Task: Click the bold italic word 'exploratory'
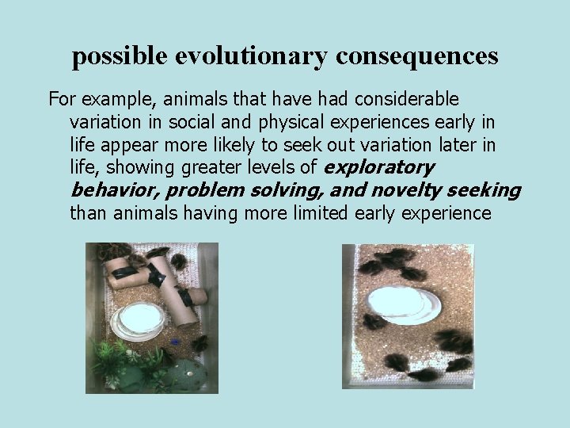[378, 167]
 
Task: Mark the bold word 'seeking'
[484, 190]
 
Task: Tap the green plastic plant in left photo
[119, 361]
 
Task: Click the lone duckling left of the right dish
[373, 321]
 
